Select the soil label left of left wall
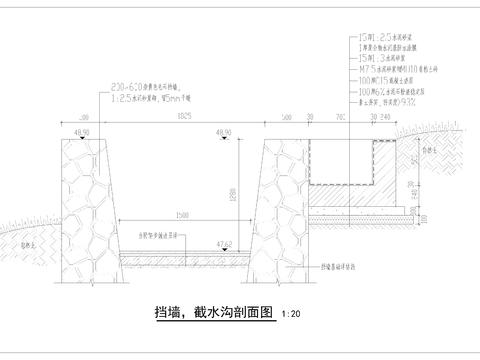[x=32, y=242]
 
